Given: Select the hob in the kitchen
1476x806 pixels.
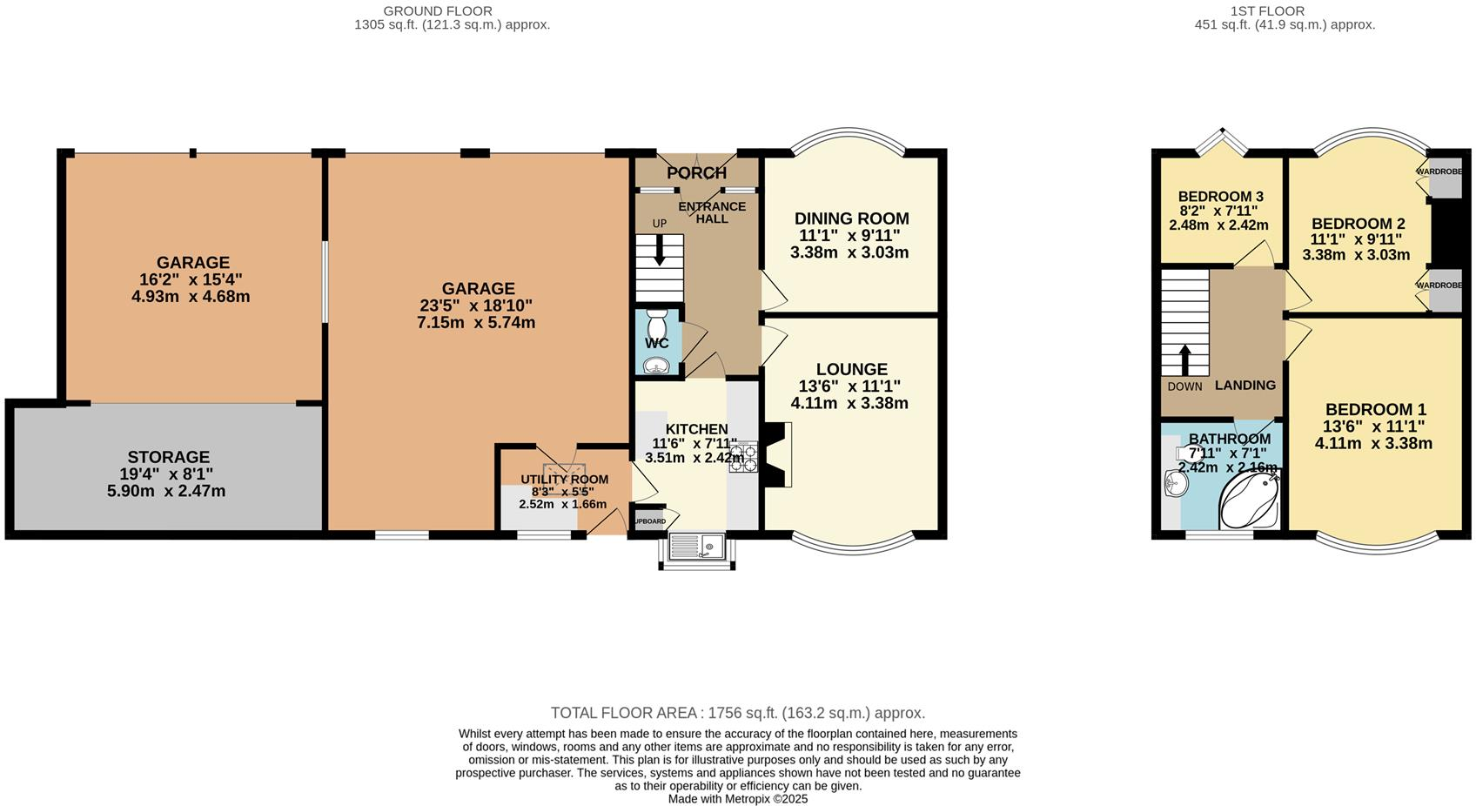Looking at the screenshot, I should [x=743, y=457].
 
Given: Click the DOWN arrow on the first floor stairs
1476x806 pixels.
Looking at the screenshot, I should [x=1184, y=359].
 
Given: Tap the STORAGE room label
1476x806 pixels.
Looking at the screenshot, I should [x=169, y=457].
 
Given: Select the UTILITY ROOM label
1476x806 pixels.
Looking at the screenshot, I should [x=564, y=480].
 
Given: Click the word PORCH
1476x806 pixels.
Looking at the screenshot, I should [x=696, y=173].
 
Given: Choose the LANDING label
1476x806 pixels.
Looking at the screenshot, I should [x=1245, y=386].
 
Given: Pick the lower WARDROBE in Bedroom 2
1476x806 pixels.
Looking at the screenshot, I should [x=1445, y=291].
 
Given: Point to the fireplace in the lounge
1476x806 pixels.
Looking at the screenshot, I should [x=778, y=454].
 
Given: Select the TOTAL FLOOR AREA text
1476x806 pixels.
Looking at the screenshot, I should [x=737, y=713].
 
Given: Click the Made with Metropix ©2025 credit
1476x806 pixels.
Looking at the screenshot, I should [x=737, y=798].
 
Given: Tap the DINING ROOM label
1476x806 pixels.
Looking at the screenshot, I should [x=851, y=218].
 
